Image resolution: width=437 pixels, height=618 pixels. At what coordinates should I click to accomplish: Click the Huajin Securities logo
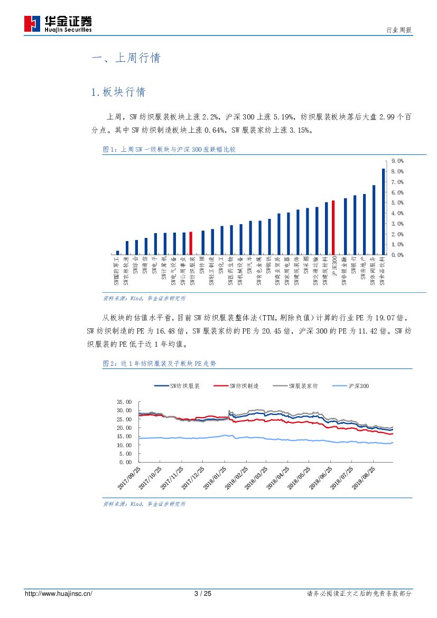[58, 23]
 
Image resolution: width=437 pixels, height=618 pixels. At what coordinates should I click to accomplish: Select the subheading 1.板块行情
[118, 92]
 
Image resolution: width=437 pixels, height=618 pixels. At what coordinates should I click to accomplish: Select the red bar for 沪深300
[333, 227]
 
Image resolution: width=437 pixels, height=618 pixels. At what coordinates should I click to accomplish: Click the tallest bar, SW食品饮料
[383, 211]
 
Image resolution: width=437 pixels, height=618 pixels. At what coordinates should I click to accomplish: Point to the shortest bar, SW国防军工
[117, 253]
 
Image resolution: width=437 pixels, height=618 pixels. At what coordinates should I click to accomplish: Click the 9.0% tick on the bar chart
[397, 161]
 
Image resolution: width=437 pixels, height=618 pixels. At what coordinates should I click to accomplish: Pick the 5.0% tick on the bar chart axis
[397, 202]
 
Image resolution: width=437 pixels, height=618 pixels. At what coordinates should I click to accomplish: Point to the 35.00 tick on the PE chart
[124, 402]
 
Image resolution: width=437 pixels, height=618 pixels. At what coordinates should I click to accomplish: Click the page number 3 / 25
[203, 594]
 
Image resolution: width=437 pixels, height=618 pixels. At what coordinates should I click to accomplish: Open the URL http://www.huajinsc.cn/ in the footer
[59, 594]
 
